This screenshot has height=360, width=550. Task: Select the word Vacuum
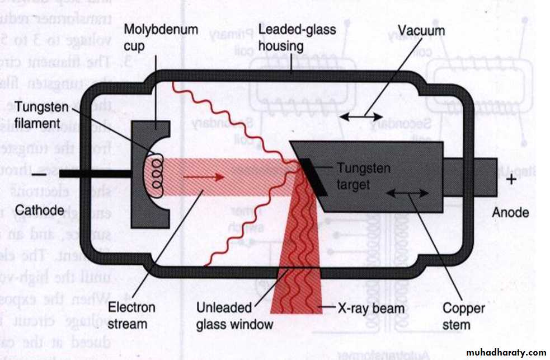pyautogui.click(x=421, y=30)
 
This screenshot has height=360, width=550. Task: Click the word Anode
pyautogui.click(x=510, y=212)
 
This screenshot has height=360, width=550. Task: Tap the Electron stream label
pyautogui.click(x=131, y=315)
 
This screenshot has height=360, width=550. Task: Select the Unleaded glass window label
pyautogui.click(x=234, y=316)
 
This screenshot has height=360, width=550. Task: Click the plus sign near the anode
pyautogui.click(x=511, y=179)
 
